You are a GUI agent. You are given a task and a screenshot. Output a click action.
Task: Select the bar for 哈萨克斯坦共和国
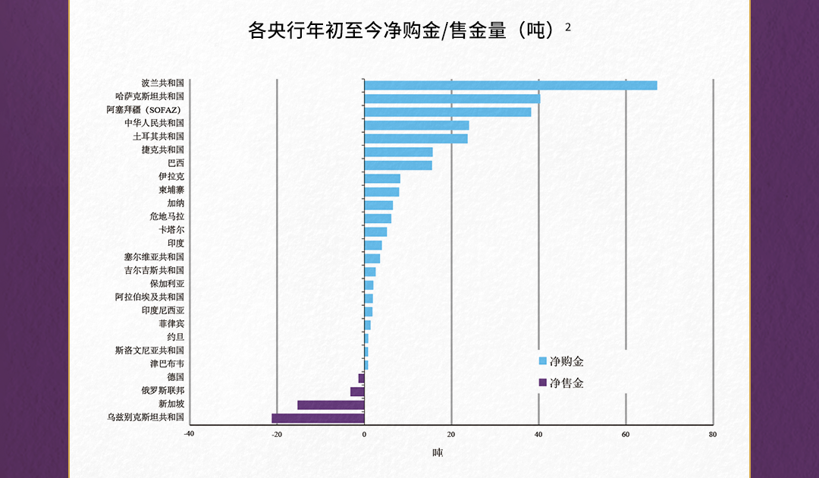click(452, 99)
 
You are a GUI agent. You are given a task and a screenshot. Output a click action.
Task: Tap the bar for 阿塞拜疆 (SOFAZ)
click(447, 112)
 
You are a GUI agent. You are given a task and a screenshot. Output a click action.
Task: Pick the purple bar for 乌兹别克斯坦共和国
click(318, 418)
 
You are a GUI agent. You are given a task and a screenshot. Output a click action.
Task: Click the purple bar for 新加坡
click(331, 404)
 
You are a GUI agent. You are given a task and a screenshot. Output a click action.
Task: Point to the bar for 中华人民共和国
click(416, 125)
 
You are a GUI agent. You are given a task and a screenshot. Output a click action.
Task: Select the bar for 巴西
click(398, 165)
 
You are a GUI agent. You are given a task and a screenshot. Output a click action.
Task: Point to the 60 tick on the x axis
click(626, 435)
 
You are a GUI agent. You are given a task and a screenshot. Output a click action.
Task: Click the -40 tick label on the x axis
click(189, 435)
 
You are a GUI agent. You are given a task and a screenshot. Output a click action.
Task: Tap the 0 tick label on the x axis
click(364, 435)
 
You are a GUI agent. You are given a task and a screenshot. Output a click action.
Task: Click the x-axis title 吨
click(438, 453)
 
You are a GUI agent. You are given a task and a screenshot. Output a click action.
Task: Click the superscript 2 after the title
click(568, 27)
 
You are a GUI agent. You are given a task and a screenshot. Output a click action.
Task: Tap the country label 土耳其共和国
click(158, 137)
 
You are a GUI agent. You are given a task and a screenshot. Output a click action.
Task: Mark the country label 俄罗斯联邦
click(162, 391)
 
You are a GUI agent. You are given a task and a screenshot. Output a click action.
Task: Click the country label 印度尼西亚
click(162, 310)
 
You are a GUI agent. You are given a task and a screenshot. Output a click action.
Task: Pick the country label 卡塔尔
click(171, 230)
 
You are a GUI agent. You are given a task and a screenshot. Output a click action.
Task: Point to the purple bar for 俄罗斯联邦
click(357, 392)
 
